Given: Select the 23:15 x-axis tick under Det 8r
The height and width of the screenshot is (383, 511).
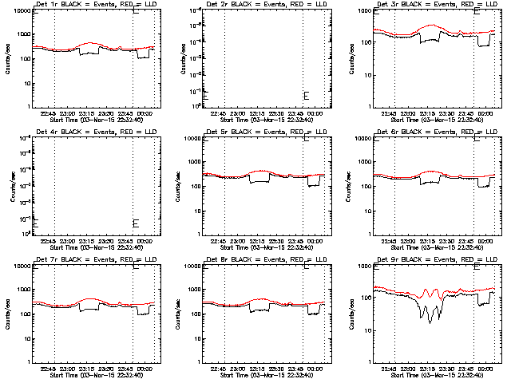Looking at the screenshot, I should (257, 368).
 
